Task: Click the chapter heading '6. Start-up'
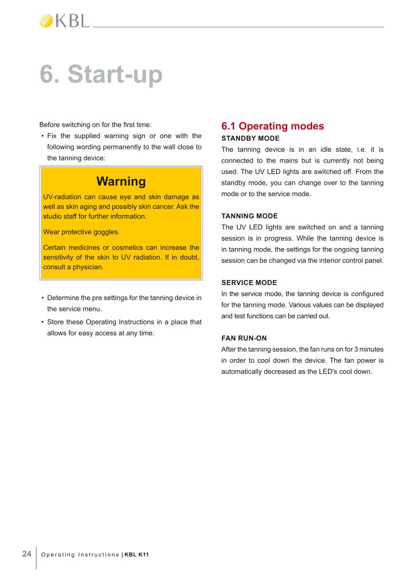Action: [x=101, y=75]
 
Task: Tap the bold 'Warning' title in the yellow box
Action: [x=121, y=181]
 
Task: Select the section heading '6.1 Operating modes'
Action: [x=272, y=126]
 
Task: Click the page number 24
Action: [x=27, y=554]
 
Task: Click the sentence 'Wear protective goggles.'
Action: [x=82, y=232]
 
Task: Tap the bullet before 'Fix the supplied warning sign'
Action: [x=43, y=136]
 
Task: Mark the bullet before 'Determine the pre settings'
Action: [x=43, y=298]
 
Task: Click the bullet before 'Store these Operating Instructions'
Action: [x=43, y=322]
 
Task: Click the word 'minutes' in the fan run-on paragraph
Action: [x=370, y=348]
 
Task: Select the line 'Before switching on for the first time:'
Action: [x=95, y=125]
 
